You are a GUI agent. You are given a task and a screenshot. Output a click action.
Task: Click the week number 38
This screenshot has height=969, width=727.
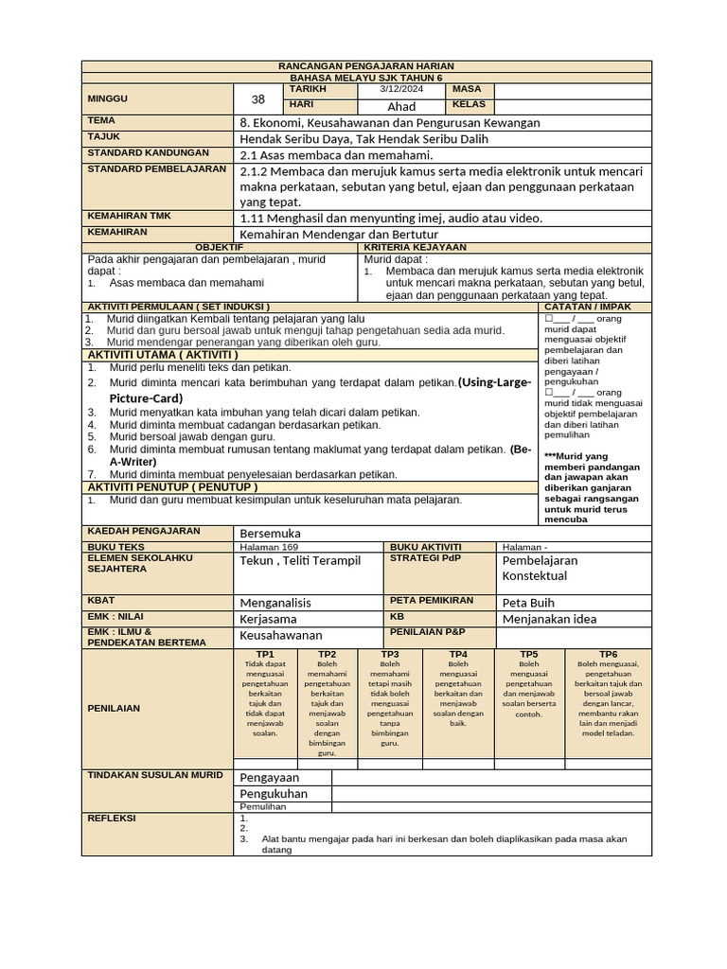tap(258, 98)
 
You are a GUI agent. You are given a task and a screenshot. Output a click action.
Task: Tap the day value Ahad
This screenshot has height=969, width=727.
tap(401, 107)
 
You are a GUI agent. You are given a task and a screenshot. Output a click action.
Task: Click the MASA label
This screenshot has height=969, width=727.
tap(468, 89)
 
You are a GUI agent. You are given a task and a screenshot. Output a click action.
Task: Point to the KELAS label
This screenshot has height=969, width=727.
tap(470, 104)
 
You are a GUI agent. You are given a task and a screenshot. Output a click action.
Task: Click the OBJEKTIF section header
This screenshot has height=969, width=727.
tap(219, 247)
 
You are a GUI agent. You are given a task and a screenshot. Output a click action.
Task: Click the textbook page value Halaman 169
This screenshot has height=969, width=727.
tap(269, 547)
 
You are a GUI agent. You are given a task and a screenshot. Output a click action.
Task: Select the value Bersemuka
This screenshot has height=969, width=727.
tap(270, 534)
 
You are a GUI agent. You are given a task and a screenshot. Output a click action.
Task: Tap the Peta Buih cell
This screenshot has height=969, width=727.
tap(527, 602)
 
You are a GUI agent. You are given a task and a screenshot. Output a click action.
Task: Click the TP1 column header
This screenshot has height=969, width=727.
tap(265, 654)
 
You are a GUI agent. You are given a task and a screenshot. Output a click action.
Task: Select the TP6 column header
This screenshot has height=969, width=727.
tap(608, 654)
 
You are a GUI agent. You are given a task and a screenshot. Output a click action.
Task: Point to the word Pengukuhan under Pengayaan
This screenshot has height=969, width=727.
tap(274, 793)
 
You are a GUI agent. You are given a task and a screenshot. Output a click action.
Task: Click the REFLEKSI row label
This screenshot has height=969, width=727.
tap(112, 818)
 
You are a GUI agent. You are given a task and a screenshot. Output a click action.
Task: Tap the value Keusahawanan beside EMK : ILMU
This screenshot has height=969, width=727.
tap(281, 635)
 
